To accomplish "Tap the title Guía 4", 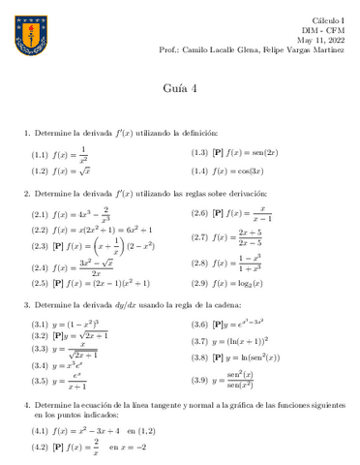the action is pos(179,88).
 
